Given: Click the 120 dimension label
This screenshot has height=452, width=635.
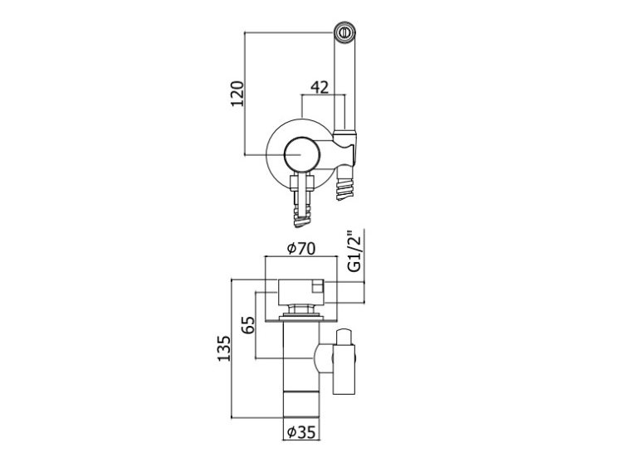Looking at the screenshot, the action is click(238, 94).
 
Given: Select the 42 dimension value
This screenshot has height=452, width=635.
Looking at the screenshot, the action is click(320, 86).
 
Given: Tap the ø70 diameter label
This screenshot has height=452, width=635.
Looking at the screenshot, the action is click(300, 249).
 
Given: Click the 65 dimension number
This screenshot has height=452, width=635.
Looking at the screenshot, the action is click(248, 324).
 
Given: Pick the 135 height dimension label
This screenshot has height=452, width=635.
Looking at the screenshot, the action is click(223, 348).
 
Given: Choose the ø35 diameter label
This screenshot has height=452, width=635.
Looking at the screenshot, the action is click(300, 432).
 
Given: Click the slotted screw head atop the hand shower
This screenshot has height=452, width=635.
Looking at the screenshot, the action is click(345, 32).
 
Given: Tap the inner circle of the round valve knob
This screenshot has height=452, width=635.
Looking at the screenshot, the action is click(301, 154).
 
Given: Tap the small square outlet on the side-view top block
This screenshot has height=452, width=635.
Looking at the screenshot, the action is click(317, 288).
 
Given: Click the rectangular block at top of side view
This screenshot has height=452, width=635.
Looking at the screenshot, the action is click(300, 291).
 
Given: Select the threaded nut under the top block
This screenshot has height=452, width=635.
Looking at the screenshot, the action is click(300, 309).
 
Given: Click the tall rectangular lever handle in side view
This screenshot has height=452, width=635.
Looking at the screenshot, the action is click(344, 369).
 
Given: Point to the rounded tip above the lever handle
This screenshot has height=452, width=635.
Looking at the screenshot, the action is click(344, 337).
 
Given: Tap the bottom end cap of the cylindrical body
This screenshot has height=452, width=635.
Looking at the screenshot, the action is click(300, 405).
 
